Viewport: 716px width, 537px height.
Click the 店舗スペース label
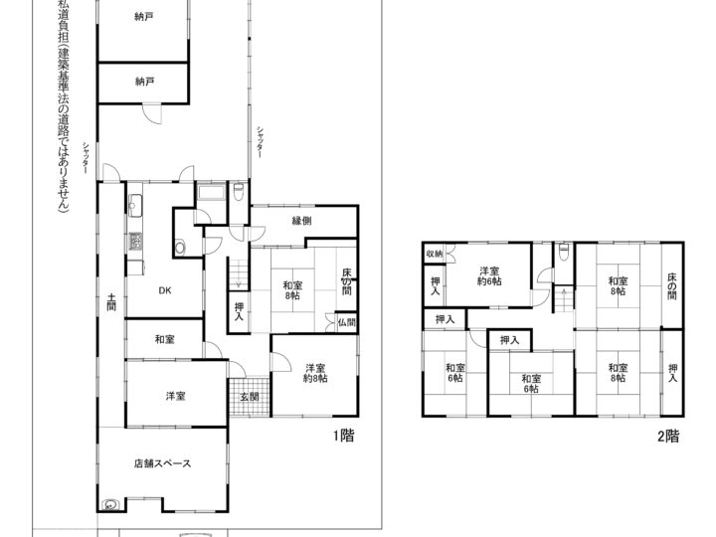[163, 463]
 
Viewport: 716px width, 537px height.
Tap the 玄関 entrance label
[249, 398]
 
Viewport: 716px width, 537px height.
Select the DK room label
[165, 292]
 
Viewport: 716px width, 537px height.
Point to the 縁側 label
[302, 221]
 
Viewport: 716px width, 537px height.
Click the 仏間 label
[345, 322]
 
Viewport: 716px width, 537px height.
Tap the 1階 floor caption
[343, 435]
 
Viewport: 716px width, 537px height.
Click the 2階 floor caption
[667, 435]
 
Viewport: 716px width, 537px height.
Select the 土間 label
[111, 301]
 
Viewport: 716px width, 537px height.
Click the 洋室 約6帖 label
[489, 275]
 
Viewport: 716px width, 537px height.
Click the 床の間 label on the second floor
[672, 281]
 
